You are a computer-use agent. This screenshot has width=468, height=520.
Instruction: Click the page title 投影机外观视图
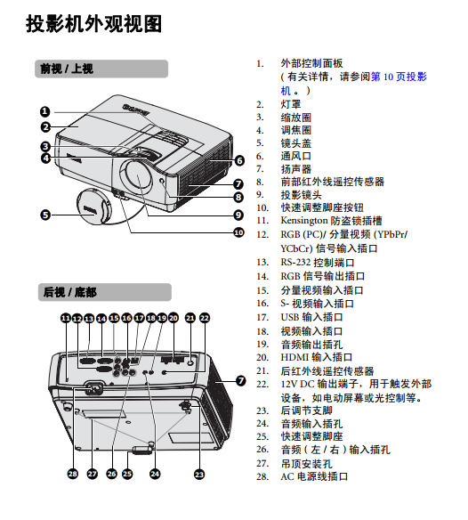(x=94, y=24)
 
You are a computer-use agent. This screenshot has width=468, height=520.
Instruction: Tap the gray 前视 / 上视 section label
(x=101, y=69)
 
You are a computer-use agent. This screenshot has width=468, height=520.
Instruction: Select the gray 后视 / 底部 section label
(x=105, y=292)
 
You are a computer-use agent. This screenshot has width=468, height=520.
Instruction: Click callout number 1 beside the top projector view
(x=45, y=112)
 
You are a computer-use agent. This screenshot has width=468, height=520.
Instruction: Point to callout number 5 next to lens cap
(x=45, y=215)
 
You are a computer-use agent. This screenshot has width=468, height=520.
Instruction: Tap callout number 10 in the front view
(x=238, y=232)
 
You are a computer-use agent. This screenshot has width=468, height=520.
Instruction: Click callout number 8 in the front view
(x=238, y=198)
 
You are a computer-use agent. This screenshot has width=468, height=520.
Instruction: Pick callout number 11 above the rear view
(x=66, y=318)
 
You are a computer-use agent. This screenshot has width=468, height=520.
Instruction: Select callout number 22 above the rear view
(x=205, y=318)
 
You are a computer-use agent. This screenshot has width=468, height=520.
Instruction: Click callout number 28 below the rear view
(x=73, y=474)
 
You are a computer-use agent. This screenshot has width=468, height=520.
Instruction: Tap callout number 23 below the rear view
(x=199, y=475)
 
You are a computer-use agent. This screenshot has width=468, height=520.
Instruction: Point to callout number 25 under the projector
(x=127, y=474)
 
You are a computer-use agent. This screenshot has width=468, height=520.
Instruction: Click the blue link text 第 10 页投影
(x=399, y=77)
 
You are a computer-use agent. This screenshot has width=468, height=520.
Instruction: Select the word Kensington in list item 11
(x=304, y=221)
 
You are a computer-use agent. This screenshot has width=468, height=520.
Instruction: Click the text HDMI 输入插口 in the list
(x=317, y=358)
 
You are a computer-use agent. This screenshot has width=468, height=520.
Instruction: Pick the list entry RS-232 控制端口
(x=318, y=263)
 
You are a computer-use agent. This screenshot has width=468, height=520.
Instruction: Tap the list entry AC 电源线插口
(x=314, y=477)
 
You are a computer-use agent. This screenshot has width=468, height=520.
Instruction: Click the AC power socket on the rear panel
(x=94, y=388)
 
